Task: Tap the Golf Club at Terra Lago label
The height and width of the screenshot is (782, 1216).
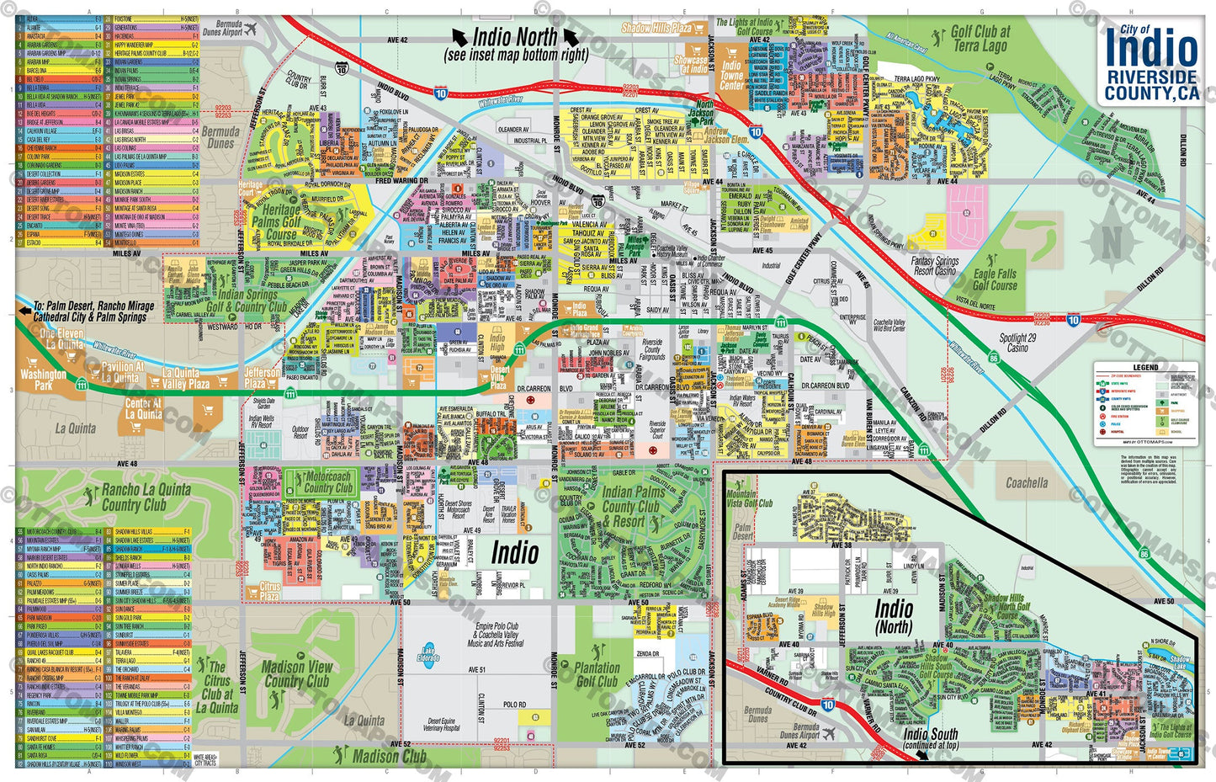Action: [x=980, y=39]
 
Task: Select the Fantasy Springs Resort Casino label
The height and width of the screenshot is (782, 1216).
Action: [x=934, y=266]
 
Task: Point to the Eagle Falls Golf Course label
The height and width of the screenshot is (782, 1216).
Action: [x=995, y=279]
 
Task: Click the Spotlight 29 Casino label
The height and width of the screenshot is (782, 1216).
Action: [x=1017, y=342]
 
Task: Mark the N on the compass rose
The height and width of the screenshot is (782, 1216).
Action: [x=1112, y=242]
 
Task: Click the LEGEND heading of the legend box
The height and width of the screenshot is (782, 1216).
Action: [x=1145, y=367]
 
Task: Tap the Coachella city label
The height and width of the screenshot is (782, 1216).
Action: [x=1027, y=483]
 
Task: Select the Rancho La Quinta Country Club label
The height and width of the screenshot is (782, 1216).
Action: [x=146, y=497]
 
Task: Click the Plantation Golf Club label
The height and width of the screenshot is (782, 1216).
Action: [x=597, y=674]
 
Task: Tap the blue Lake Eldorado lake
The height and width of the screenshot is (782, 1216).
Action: [x=428, y=654]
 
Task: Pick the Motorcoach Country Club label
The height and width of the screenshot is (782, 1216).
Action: [x=328, y=481]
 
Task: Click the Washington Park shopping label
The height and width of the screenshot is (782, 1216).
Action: [x=43, y=379]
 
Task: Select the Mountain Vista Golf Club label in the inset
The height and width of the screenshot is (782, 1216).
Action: [x=749, y=499]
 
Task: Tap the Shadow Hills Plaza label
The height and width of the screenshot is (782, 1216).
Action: [x=657, y=28]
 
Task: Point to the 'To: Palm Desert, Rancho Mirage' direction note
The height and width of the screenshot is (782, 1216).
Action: [x=93, y=311]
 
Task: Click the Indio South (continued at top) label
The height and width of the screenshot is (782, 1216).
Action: [x=931, y=739]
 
